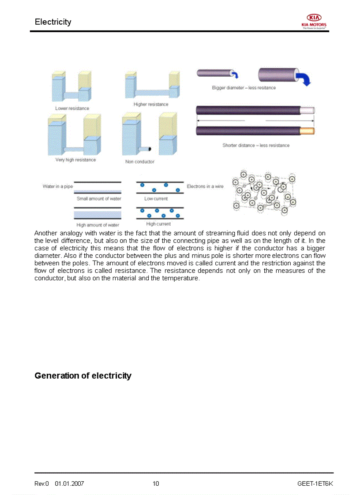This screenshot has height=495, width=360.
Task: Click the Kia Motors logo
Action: tap(314, 21)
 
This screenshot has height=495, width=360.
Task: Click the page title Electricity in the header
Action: tap(53, 22)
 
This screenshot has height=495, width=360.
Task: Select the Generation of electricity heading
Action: tap(83, 376)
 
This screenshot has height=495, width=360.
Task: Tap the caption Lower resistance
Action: tap(72, 108)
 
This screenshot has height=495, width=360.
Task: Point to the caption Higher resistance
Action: tap(151, 104)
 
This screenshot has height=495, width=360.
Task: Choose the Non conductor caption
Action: tap(140, 162)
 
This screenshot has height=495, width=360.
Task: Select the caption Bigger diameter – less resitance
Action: tap(244, 88)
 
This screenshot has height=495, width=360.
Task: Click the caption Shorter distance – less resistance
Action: tap(256, 145)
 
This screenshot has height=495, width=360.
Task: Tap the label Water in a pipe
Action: tap(58, 186)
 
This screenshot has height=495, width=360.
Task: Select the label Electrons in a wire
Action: tap(205, 186)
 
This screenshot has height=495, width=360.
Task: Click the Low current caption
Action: tap(156, 199)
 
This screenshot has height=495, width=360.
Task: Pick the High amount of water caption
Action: tap(98, 225)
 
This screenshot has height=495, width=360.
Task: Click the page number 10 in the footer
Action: tap(156, 484)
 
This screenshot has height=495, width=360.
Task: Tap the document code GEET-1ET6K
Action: tap(315, 484)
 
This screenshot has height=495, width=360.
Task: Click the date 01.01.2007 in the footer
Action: tap(69, 484)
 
